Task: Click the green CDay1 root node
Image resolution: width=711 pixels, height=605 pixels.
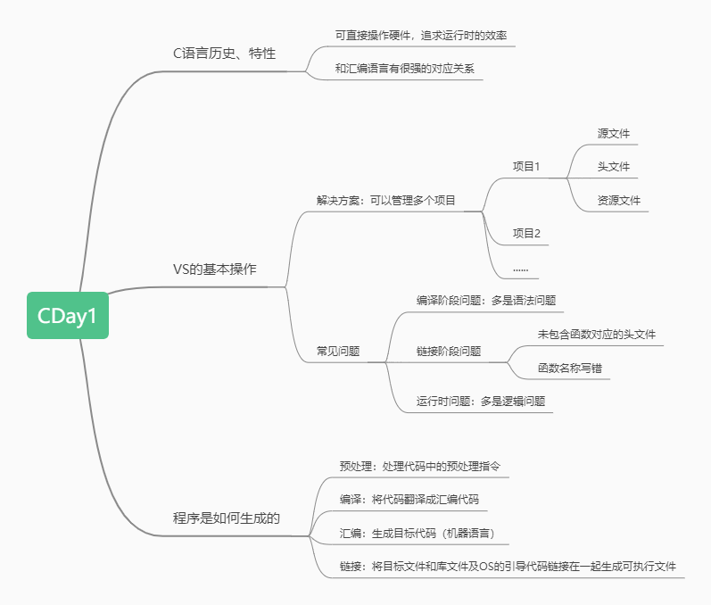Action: [x=67, y=316]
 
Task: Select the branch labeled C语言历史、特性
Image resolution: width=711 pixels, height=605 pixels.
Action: [x=224, y=54]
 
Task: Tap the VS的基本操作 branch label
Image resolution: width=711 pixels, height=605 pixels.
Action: [x=214, y=269]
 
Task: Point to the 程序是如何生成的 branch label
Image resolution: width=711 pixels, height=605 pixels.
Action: [x=227, y=518]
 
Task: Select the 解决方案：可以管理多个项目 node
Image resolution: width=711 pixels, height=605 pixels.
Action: [x=386, y=200]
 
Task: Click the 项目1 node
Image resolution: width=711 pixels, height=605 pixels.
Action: [x=526, y=167]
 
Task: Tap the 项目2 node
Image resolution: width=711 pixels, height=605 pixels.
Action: [x=526, y=234]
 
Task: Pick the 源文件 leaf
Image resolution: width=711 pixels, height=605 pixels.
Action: [x=614, y=134]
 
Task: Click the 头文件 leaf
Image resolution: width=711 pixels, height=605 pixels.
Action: [x=614, y=167]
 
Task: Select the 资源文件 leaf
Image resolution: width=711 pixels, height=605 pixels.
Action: [x=619, y=201]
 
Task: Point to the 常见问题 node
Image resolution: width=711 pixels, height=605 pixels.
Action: [x=338, y=352]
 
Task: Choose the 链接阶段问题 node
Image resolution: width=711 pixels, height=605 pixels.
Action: [x=449, y=352]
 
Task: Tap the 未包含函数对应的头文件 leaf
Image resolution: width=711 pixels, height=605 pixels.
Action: [x=596, y=335]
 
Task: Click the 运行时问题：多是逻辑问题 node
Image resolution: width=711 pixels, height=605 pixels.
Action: [x=480, y=402]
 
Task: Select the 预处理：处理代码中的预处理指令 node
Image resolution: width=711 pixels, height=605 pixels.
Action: [x=425, y=466]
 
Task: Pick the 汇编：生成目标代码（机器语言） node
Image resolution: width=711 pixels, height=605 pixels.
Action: [x=417, y=534]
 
